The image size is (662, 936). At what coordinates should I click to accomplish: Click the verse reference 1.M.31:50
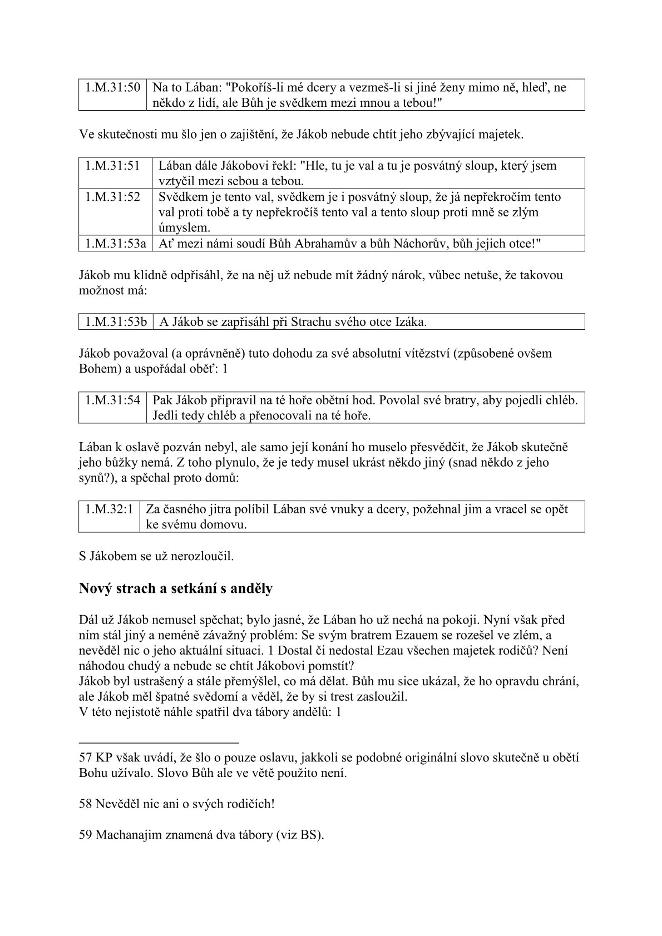click(x=112, y=87)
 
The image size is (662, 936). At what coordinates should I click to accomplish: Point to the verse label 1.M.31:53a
click(x=116, y=244)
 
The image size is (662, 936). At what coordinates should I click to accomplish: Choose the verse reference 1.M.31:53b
click(x=116, y=321)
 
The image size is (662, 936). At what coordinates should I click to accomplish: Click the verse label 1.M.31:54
click(x=112, y=400)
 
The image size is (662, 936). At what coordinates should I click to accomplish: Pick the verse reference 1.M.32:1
click(x=109, y=509)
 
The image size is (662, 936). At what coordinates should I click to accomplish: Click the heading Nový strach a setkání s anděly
click(x=176, y=588)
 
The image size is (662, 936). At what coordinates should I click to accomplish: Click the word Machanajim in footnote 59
click(x=126, y=835)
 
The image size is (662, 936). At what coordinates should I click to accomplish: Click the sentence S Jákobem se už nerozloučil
click(x=156, y=556)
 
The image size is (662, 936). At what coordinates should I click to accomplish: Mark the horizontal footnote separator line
click(x=159, y=742)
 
